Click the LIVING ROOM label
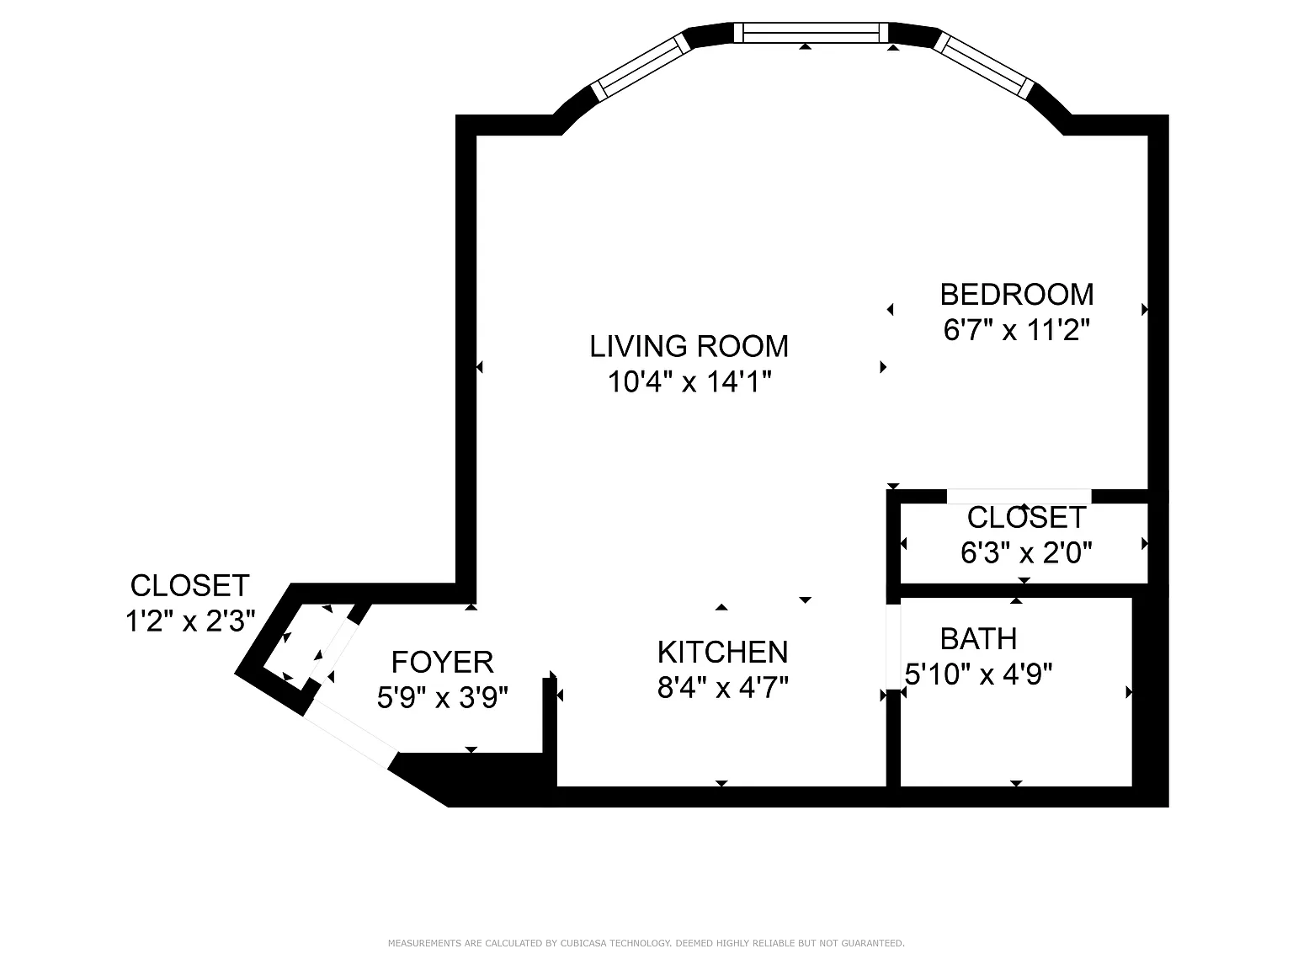pyautogui.click(x=689, y=346)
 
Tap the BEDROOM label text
pyautogui.click(x=1017, y=295)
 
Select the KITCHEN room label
pyautogui.click(x=723, y=652)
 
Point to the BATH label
pyautogui.click(x=978, y=638)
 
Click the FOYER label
pyautogui.click(x=443, y=662)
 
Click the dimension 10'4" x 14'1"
pyautogui.click(x=689, y=381)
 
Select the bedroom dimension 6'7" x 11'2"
pyautogui.click(x=1017, y=329)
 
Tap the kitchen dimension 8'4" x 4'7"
pyautogui.click(x=723, y=687)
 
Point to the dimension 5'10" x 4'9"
pyautogui.click(x=978, y=674)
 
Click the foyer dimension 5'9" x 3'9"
pyautogui.click(x=443, y=697)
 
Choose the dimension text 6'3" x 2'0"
pyautogui.click(x=1026, y=552)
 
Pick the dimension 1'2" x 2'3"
pyautogui.click(x=190, y=621)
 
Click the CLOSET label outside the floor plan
pyautogui.click(x=189, y=585)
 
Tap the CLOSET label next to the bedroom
pyautogui.click(x=1026, y=518)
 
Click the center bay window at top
pyautogui.click(x=811, y=32)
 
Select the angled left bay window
pyautogui.click(x=641, y=67)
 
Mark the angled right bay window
pyautogui.click(x=984, y=65)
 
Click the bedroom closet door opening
pyautogui.click(x=1019, y=496)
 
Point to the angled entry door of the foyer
pyautogui.click(x=350, y=734)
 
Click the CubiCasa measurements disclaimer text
pyautogui.click(x=646, y=943)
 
